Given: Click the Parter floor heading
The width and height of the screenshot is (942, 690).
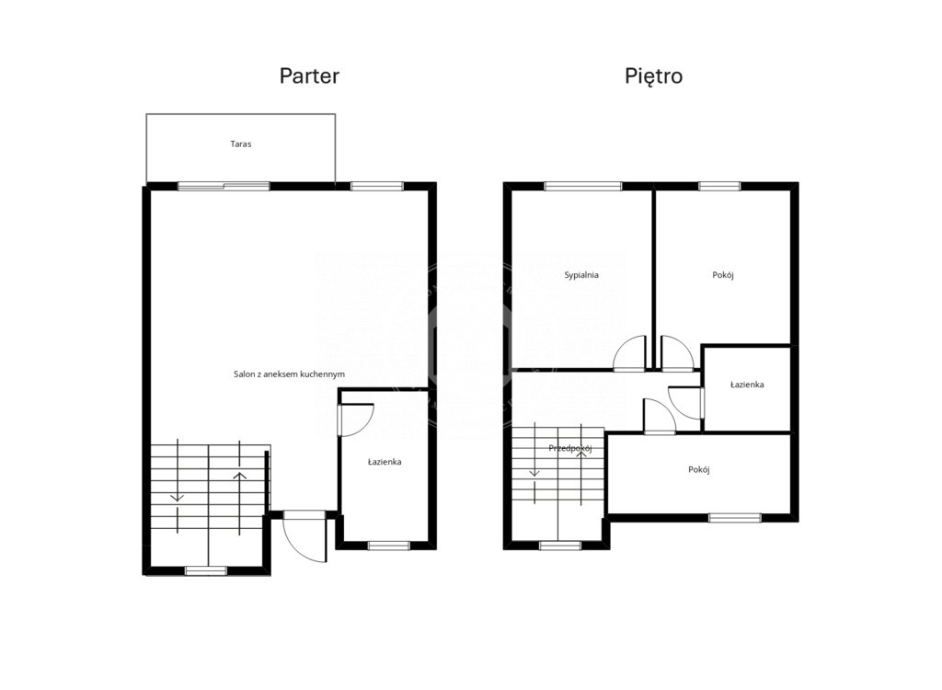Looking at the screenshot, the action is [x=309, y=76].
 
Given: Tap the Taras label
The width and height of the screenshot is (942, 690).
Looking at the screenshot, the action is [x=241, y=144].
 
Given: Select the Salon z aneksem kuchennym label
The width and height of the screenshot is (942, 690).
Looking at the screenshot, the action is [x=289, y=374].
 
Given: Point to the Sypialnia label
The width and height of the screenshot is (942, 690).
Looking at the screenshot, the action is [x=581, y=275].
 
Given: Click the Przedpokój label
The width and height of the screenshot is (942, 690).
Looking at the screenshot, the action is [x=570, y=448].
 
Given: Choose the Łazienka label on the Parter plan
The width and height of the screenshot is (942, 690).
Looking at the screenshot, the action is [x=385, y=462].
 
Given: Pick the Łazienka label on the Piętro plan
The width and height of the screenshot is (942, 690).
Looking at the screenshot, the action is [x=747, y=384].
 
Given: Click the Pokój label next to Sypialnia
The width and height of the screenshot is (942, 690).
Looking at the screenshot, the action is [x=723, y=275].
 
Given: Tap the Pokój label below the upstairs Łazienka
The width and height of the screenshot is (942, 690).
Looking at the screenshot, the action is [x=699, y=469].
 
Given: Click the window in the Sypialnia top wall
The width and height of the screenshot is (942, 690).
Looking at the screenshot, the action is [x=582, y=187].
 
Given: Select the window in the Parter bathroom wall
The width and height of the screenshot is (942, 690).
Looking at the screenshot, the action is [x=389, y=546].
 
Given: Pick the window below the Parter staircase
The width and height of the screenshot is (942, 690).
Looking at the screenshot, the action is [x=206, y=571].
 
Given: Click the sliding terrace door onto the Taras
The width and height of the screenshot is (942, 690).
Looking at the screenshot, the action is [x=224, y=187].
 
